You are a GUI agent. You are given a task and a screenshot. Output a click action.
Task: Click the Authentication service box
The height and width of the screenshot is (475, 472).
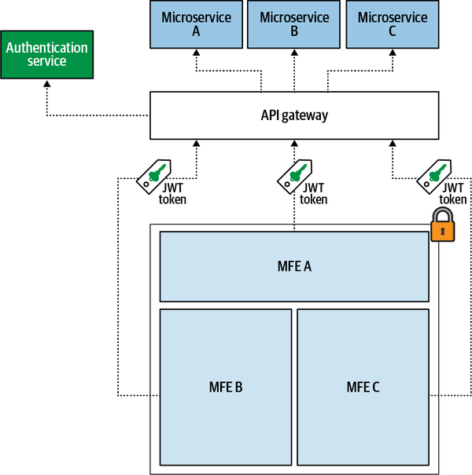[x=46, y=54]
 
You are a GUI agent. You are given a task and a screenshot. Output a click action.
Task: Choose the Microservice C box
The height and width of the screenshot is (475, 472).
[x=392, y=24]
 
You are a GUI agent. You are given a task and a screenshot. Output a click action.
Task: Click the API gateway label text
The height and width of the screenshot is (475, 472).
[x=293, y=115]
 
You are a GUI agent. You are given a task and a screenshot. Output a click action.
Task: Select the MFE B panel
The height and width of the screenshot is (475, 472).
[x=225, y=387]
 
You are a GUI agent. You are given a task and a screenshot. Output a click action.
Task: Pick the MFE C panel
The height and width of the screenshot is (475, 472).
[x=363, y=387]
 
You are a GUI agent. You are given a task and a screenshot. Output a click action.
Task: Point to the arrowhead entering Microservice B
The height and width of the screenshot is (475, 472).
[x=293, y=53]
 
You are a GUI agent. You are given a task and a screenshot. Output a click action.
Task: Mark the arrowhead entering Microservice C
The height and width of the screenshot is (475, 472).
[x=392, y=53]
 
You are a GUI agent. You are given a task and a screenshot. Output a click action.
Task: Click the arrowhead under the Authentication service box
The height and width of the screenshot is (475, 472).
[x=46, y=82]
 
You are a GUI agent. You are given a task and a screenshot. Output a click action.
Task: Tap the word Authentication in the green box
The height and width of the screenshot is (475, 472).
[x=46, y=47]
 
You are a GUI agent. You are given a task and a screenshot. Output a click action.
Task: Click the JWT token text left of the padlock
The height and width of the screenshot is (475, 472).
[x=452, y=193]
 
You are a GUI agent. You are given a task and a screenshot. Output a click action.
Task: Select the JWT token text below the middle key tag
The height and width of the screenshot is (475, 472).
[x=314, y=194]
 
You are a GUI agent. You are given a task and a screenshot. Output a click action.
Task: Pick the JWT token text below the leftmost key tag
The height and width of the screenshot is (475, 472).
[x=173, y=194]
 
